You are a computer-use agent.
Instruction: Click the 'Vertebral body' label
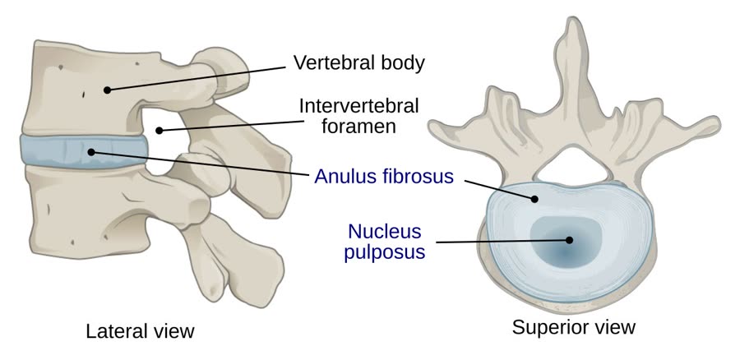tap(358, 63)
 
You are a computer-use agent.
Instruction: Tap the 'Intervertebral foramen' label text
tap(358, 116)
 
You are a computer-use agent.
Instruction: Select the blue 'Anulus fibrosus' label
tap(384, 177)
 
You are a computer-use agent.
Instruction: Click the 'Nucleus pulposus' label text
tap(384, 241)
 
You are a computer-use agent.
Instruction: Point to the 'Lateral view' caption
tap(140, 330)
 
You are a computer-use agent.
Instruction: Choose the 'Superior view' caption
tap(574, 327)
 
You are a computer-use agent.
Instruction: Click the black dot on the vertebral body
tap(107, 90)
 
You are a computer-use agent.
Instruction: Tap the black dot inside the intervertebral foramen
tap(160, 130)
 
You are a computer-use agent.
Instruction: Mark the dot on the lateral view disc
tap(91, 152)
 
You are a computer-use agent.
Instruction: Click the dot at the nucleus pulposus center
tap(569, 240)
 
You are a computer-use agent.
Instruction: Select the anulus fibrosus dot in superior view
tap(534, 199)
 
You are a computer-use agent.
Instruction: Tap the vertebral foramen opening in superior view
tap(571, 167)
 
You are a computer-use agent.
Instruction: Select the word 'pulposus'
tap(385, 252)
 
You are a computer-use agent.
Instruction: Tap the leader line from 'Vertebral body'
tap(197, 78)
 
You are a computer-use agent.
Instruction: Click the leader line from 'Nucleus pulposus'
tap(502, 242)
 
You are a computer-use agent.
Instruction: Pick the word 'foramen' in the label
tap(358, 127)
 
